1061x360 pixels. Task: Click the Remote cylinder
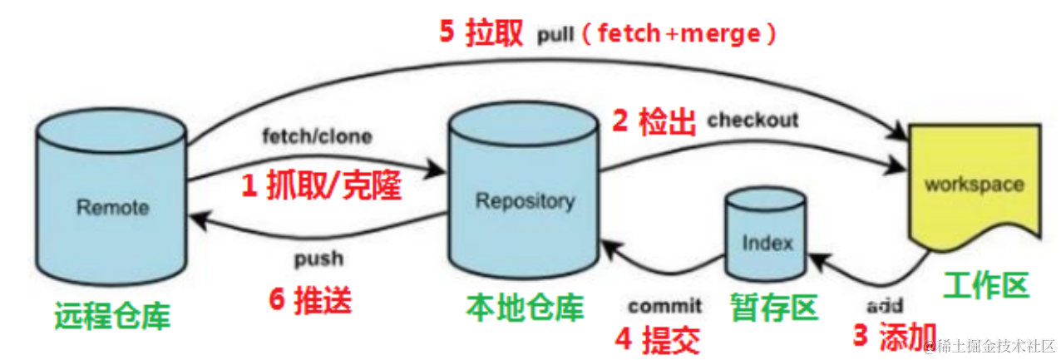click(112, 204)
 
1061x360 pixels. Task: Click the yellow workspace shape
click(974, 183)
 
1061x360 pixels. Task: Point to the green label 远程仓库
click(111, 316)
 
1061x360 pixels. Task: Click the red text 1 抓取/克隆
click(321, 187)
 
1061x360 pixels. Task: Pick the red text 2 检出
click(654, 122)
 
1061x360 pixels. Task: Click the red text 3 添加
click(895, 334)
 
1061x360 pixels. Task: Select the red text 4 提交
click(657, 338)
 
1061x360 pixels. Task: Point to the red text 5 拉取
click(480, 32)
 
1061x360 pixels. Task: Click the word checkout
click(753, 120)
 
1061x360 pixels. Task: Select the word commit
click(664, 306)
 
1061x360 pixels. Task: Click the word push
click(318, 259)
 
